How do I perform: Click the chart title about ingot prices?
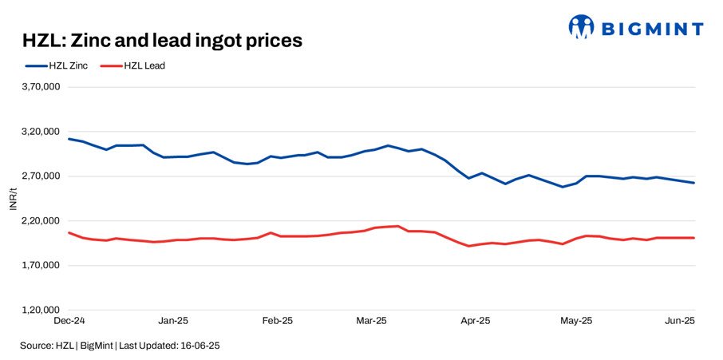[x=162, y=41]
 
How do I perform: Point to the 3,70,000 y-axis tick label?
[x=41, y=87]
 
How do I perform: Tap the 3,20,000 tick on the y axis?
[x=41, y=132]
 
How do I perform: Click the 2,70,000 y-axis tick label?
[x=41, y=176]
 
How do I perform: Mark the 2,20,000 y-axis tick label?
[x=41, y=221]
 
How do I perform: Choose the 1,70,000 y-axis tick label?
[x=41, y=265]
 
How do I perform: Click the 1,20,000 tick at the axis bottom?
[x=41, y=310]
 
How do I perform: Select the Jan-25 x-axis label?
[x=173, y=321]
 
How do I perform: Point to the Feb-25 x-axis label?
[x=277, y=321]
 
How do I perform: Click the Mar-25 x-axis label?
[x=371, y=321]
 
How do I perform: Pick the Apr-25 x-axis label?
[x=476, y=321]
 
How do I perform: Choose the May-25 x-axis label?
[x=576, y=321]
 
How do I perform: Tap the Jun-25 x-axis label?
[x=680, y=321]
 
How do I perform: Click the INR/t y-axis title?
[x=13, y=198]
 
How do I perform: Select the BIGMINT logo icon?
[x=581, y=27]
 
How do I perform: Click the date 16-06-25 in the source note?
[x=201, y=346]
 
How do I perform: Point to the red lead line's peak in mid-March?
[x=397, y=226]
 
